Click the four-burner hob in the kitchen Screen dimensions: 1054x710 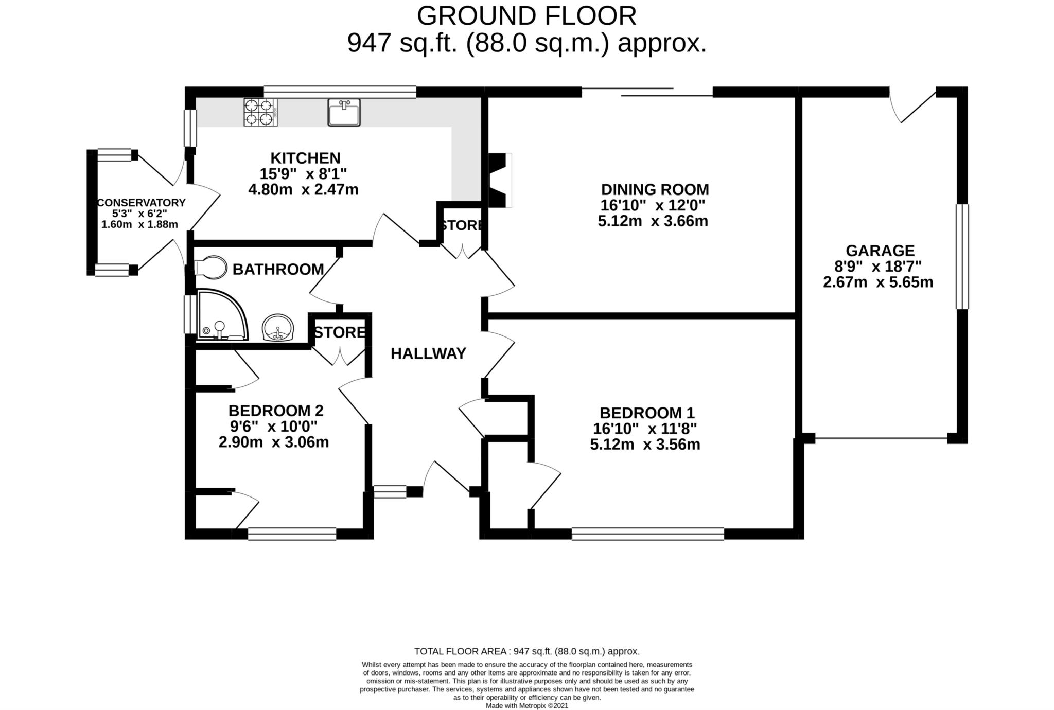click(x=260, y=112)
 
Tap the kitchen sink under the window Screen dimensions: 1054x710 click(x=344, y=112)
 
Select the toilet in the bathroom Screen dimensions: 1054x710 click(x=211, y=268)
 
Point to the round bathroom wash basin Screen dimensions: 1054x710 click(x=278, y=327)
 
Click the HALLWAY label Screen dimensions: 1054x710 click(x=428, y=353)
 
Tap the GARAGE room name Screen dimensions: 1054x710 click(x=880, y=251)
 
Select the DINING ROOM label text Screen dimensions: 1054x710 click(x=655, y=189)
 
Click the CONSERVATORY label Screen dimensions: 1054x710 click(x=142, y=203)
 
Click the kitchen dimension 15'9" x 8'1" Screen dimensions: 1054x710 click(x=304, y=173)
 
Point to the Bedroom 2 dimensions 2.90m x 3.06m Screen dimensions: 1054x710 click(x=274, y=442)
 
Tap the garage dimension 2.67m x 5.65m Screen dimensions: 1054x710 click(x=878, y=282)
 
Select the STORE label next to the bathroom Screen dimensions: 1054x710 click(x=340, y=332)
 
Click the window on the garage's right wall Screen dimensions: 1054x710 click(x=962, y=257)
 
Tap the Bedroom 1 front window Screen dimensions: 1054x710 click(x=648, y=534)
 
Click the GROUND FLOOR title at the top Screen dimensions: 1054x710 click(x=526, y=16)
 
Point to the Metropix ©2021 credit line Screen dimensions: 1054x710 click(x=527, y=706)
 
